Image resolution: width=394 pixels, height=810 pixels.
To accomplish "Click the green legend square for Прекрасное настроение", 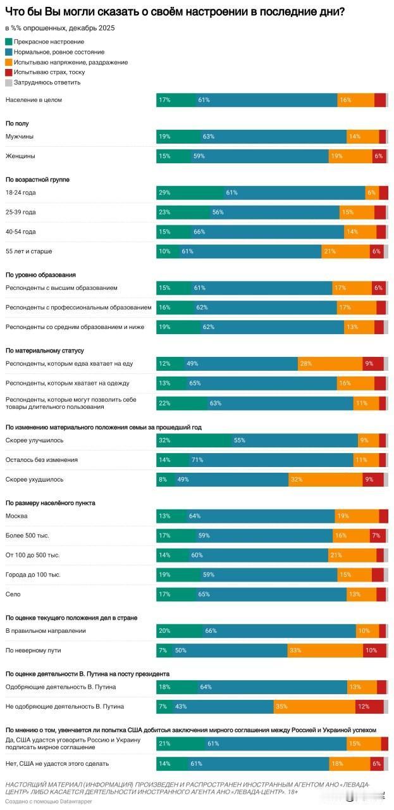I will pyautogui.click(x=8, y=42).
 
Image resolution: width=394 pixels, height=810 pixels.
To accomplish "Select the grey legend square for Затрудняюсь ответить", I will pyautogui.click(x=8, y=82).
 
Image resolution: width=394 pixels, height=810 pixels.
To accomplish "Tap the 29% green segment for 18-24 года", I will pyautogui.click(x=190, y=193).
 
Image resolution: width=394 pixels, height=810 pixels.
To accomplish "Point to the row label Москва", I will pyautogui.click(x=16, y=516).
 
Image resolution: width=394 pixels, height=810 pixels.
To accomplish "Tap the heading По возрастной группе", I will pyautogui.click(x=37, y=180).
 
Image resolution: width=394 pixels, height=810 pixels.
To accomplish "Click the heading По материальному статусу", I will pyautogui.click(x=45, y=350).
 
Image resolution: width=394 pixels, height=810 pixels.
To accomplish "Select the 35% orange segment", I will pyautogui.click(x=314, y=706).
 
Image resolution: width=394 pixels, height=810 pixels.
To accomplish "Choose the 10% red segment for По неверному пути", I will pyautogui.click(x=374, y=650).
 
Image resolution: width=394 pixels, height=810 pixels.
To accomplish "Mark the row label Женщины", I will pyautogui.click(x=20, y=156).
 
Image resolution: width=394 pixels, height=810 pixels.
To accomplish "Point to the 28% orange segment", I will pyautogui.click(x=329, y=364).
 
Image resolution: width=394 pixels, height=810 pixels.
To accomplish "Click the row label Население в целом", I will pyautogui.click(x=34, y=100).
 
